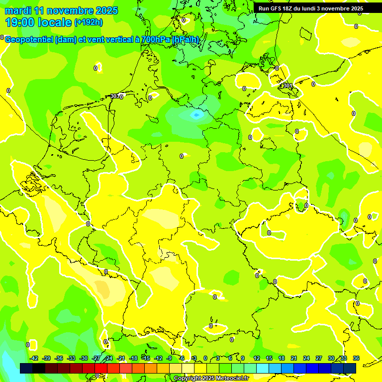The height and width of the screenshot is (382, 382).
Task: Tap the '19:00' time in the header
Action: click(19, 22)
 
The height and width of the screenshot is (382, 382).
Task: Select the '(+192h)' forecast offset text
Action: click(89, 22)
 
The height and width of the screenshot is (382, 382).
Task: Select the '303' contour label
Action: click(115, 96)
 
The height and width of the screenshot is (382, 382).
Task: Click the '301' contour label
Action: click(288, 86)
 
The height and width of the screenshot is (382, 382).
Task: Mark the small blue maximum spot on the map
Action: click(196, 115)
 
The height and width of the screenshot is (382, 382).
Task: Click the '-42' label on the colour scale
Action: click(34, 358)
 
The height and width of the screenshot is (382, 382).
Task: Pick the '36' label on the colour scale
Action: click(356, 358)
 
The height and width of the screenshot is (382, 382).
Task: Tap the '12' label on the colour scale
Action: click(257, 358)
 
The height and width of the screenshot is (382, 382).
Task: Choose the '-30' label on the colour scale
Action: click(84, 358)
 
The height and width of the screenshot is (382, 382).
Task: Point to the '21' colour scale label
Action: click(294, 358)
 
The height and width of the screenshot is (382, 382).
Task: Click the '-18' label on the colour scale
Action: click(134, 358)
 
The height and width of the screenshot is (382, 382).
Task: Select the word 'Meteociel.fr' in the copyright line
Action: click(230, 379)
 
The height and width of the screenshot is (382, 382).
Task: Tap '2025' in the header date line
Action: click(107, 10)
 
